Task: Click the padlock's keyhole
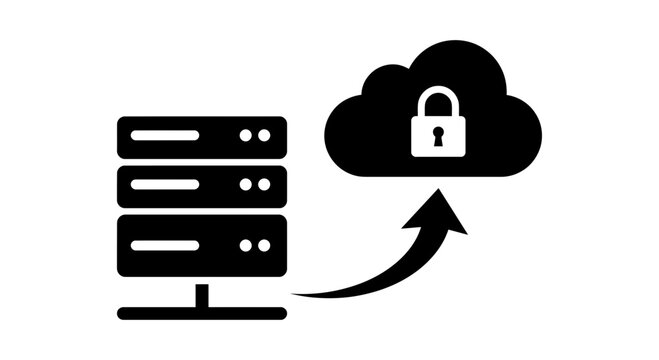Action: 436,136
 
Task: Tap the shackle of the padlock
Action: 436,101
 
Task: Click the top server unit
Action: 202,136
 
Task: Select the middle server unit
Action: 202,186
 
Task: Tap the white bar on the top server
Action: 165,135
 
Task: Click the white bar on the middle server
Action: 165,186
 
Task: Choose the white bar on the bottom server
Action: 165,243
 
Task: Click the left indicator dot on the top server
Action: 246,135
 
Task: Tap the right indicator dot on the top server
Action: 264,135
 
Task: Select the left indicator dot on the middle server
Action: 246,186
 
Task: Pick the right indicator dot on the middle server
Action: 264,186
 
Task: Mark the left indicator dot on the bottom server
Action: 246,243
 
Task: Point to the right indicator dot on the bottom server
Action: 264,243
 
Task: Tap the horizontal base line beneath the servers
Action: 202,311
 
